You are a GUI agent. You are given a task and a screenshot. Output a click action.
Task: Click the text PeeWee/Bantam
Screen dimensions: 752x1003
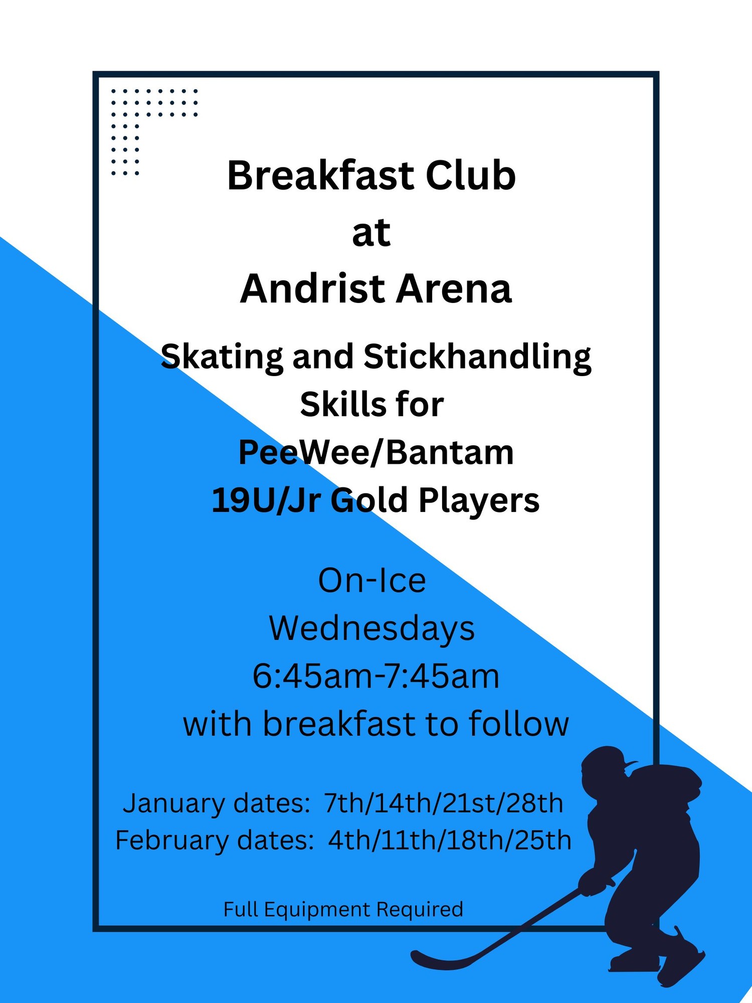376,453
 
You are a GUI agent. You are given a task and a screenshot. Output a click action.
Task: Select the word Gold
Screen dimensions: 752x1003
369,500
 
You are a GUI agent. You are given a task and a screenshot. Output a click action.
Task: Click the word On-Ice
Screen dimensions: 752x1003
372,581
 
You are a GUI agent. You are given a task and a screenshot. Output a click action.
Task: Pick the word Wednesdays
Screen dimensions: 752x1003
372,628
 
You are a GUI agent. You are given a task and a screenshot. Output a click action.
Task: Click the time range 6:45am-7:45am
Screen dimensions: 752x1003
376,676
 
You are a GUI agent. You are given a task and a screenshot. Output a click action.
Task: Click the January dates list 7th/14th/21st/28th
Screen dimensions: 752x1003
444,803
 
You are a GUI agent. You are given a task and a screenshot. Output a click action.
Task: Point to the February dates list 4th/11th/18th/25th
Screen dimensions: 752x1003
450,840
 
